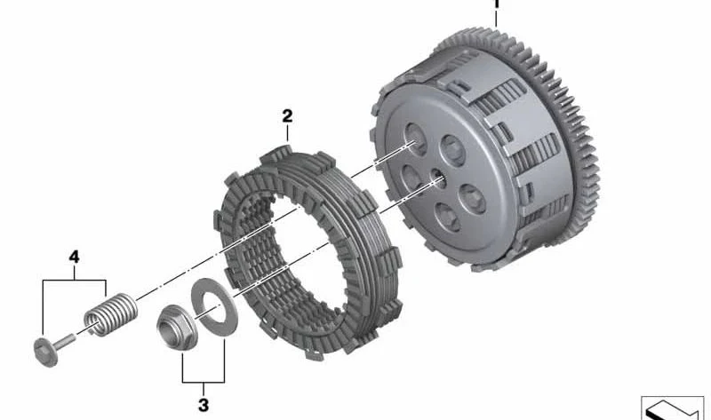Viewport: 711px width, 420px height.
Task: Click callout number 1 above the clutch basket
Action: click(496, 4)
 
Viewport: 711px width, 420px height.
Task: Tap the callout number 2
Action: click(287, 116)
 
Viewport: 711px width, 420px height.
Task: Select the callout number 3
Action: click(204, 405)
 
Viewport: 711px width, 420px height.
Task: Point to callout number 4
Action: click(74, 257)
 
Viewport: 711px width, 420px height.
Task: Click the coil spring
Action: click(110, 314)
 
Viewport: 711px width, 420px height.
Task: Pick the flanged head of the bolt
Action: click(46, 352)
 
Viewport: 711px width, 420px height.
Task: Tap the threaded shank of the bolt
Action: click(67, 341)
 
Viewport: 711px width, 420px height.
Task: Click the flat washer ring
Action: click(213, 308)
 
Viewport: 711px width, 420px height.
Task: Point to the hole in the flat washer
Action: click(214, 308)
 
